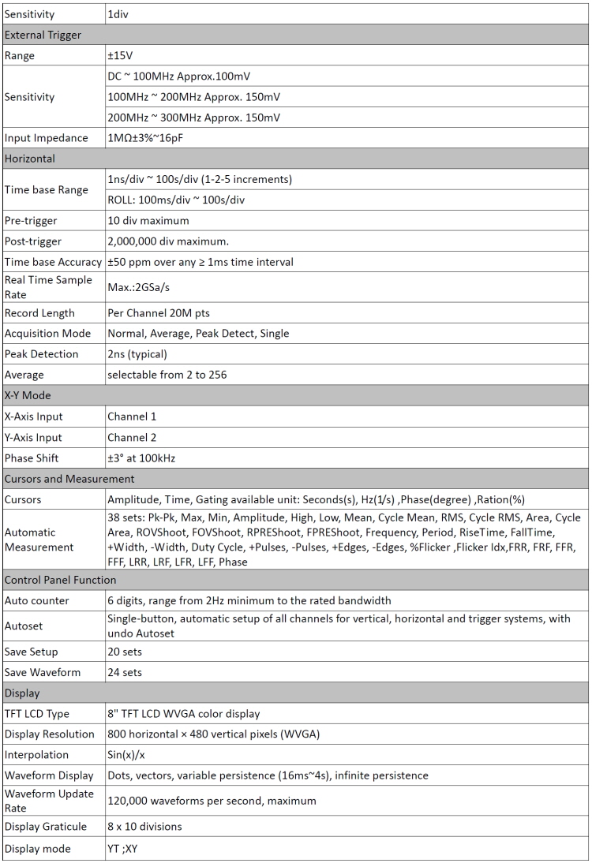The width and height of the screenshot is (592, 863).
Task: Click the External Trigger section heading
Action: coord(43,35)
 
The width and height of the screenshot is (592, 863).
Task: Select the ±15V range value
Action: coord(120,56)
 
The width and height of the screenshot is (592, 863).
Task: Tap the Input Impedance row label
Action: coord(47,138)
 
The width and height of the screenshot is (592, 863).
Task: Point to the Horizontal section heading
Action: coord(30,159)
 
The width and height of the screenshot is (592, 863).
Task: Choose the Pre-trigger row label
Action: coord(31,221)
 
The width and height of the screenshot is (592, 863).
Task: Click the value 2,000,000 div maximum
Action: coord(165,241)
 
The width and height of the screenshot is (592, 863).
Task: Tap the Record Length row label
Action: coord(40,313)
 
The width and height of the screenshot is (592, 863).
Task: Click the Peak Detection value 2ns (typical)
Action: coord(142,354)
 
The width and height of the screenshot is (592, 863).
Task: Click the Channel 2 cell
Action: coord(133,437)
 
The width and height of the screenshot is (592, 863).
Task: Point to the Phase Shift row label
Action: coord(32,458)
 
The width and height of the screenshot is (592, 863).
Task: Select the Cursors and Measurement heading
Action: coord(69,479)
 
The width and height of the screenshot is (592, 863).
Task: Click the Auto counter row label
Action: coord(36,600)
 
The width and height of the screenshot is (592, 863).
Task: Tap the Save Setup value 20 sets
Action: coord(125,652)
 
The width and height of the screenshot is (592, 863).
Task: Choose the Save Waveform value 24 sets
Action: coord(125,672)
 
